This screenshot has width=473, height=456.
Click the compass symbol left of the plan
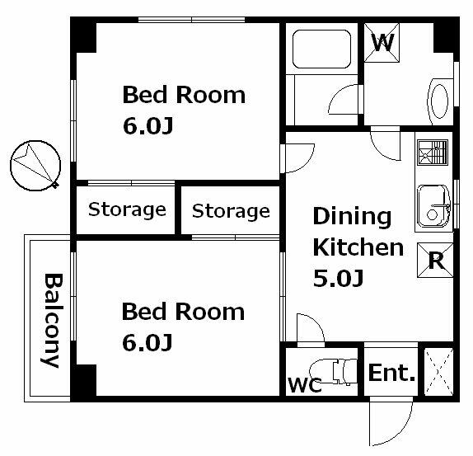coord(35,166)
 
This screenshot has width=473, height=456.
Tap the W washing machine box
coord(382,43)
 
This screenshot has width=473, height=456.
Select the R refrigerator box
coord(435,260)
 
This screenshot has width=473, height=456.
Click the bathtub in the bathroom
coord(322,49)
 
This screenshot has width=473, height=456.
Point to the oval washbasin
coord(439,101)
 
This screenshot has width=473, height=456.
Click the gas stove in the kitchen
coord(433,153)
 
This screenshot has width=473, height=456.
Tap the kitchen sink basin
coord(433,206)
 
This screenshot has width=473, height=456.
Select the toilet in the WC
coord(334,371)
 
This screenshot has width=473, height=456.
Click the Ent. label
coord(391,373)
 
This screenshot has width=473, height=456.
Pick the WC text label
coord(305,385)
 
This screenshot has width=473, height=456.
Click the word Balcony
coord(53,320)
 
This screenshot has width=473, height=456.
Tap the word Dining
coord(352,216)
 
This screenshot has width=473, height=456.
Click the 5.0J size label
coord(338,278)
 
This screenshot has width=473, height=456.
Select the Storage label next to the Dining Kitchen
coord(231,211)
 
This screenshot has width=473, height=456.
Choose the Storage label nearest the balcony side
coord(127,209)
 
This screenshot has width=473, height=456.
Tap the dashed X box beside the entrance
coord(438,372)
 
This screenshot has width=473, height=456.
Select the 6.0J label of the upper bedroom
coord(148,125)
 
